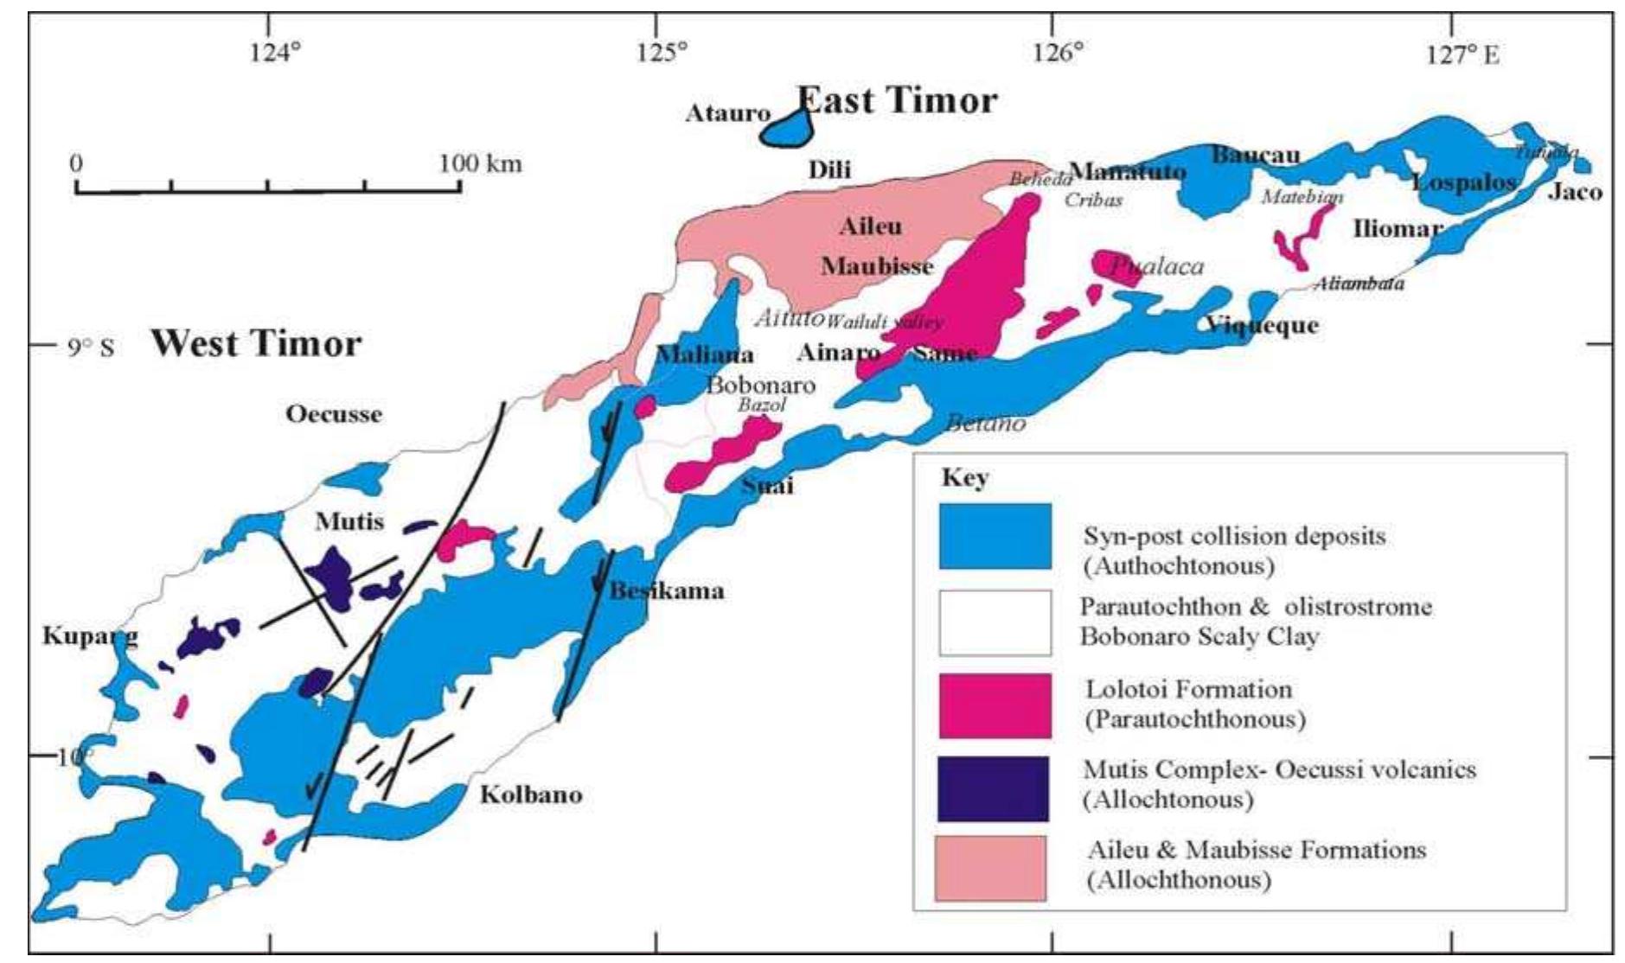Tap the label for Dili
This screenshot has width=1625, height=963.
[829, 169]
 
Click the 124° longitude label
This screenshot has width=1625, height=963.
[275, 54]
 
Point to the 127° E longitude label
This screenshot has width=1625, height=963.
[1462, 55]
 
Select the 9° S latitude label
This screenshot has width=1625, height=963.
[91, 348]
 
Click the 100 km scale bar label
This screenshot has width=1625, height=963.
[480, 163]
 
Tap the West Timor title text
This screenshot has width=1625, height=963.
[256, 344]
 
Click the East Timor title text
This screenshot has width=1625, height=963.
[897, 101]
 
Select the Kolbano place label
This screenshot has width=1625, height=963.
[531, 794]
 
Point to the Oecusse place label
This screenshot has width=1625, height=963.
[334, 414]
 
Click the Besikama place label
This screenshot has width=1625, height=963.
[667, 591]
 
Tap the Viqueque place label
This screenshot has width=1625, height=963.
[1263, 326]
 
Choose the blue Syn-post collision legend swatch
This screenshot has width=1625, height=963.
[995, 537]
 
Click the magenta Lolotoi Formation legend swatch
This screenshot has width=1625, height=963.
[995, 706]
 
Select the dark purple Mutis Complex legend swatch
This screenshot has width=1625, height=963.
[993, 788]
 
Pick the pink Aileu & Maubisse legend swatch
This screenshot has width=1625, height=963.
[990, 868]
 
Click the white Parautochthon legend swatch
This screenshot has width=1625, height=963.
[995, 622]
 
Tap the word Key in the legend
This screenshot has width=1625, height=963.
[964, 477]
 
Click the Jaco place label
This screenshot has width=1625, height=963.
[1575, 192]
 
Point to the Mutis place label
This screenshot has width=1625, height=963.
[349, 521]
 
